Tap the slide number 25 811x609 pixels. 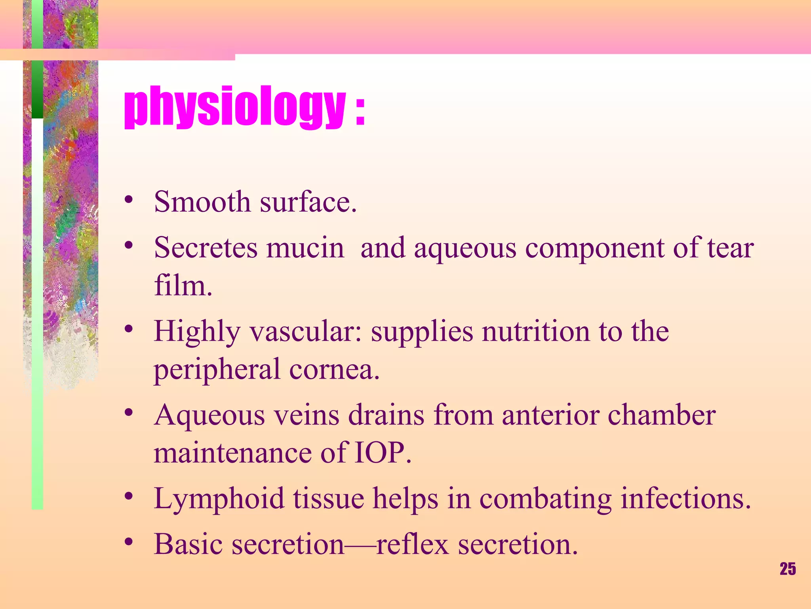(x=788, y=569)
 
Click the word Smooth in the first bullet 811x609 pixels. (x=202, y=202)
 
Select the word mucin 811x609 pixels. (x=305, y=248)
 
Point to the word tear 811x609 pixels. (x=730, y=248)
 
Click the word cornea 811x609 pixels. (x=334, y=369)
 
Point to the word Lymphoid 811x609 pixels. (x=219, y=499)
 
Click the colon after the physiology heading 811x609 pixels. (x=360, y=113)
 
